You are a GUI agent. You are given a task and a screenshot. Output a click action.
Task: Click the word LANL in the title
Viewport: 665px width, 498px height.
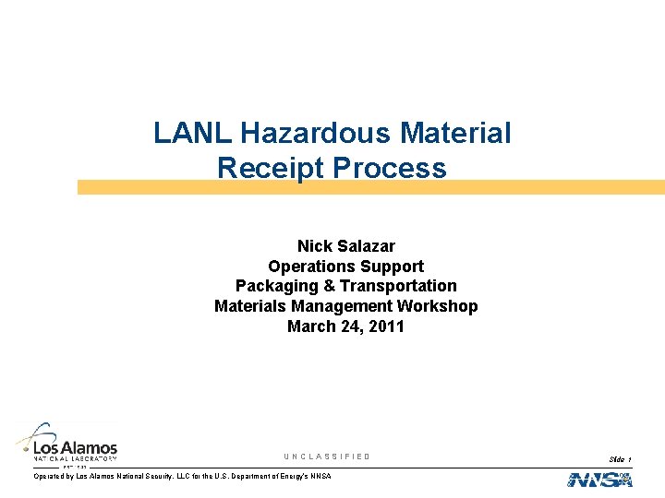(x=193, y=134)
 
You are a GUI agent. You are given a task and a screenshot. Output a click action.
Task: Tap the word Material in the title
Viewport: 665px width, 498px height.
(x=455, y=134)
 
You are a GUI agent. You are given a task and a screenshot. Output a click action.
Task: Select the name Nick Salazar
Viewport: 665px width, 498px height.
(x=345, y=246)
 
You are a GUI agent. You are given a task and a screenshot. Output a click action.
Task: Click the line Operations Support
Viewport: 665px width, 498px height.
(x=345, y=267)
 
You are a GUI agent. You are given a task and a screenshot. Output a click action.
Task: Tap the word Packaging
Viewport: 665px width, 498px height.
(x=274, y=286)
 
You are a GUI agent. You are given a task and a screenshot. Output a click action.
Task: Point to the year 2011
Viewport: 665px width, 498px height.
(x=385, y=326)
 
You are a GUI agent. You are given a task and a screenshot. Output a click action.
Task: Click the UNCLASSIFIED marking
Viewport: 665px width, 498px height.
(x=327, y=456)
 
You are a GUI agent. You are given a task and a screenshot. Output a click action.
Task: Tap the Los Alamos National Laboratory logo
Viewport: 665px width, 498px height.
(x=66, y=444)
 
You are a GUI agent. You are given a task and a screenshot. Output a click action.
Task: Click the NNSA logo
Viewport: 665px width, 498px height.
(x=599, y=480)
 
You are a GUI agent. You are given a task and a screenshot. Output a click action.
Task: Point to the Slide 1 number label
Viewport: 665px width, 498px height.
(x=620, y=458)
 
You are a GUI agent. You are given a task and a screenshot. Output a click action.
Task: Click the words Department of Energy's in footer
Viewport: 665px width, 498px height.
(x=260, y=476)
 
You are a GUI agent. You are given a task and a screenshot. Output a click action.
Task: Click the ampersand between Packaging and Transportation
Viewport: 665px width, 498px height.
(x=328, y=286)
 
